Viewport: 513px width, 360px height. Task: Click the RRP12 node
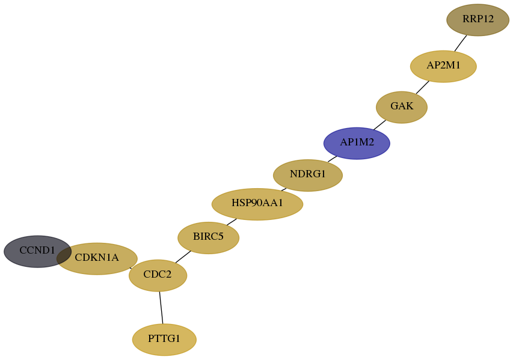(478, 20)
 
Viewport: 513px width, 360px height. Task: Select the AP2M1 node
(443, 66)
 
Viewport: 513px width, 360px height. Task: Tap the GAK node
(401, 107)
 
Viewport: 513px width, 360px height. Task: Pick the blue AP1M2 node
(357, 143)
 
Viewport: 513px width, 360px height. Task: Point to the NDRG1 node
(308, 175)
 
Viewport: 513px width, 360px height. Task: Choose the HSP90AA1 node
(257, 204)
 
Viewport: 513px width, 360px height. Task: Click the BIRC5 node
(209, 238)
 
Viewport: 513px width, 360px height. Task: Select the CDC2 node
(158, 275)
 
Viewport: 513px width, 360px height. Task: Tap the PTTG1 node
(164, 340)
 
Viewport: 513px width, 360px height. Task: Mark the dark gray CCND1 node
(37, 251)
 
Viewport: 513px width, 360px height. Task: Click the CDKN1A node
(97, 258)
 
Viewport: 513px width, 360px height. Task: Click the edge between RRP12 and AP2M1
(460, 43)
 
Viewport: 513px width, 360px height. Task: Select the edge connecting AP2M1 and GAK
(422, 87)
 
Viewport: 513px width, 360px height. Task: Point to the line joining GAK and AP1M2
(379, 125)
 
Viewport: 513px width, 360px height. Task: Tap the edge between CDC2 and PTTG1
(161, 307)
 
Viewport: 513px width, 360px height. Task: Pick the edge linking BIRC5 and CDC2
(183, 257)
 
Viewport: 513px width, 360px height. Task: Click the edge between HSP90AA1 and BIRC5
(232, 222)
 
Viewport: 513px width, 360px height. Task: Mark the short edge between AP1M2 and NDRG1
(332, 159)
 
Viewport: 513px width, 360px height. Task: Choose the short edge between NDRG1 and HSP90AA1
(284, 189)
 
